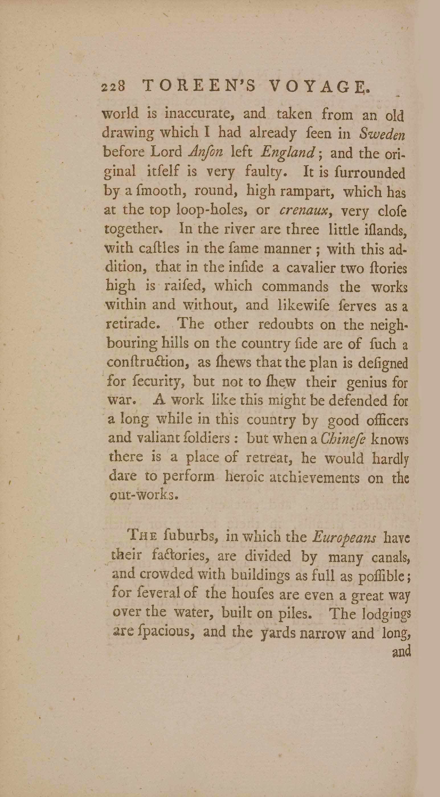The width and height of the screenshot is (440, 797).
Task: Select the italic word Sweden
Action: (382, 134)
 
